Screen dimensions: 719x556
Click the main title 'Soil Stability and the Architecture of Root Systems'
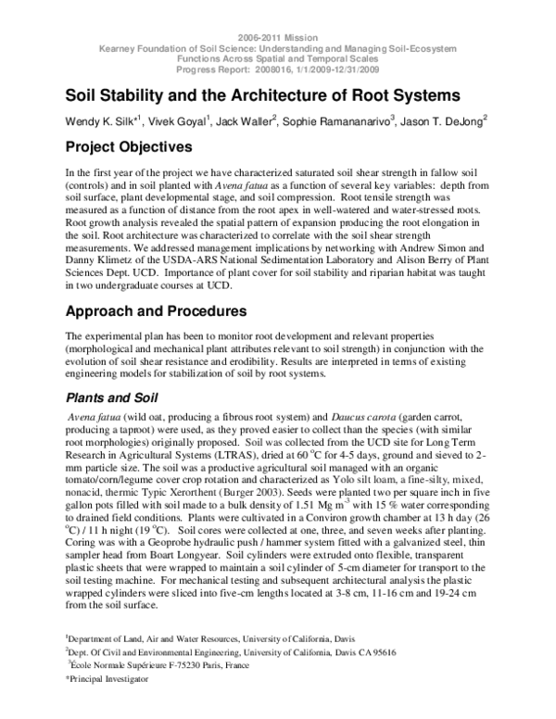[x=262, y=95]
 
